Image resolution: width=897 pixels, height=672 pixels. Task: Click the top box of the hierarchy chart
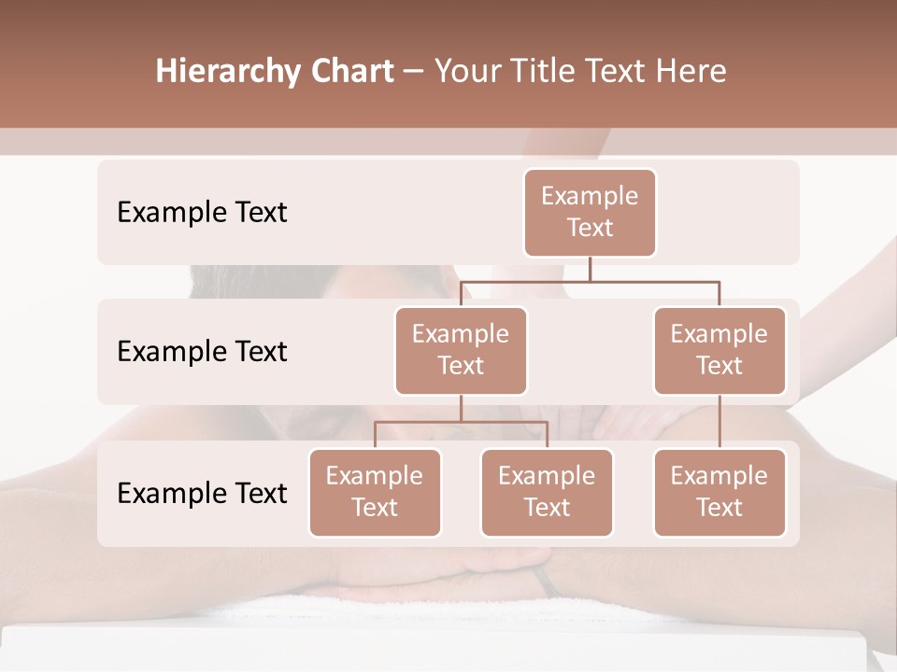pyautogui.click(x=590, y=213)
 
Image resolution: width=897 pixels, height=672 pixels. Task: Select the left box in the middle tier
pyautogui.click(x=461, y=351)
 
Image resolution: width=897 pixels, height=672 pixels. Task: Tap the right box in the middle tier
pyautogui.click(x=719, y=351)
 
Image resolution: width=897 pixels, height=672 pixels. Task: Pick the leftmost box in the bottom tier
pyautogui.click(x=375, y=493)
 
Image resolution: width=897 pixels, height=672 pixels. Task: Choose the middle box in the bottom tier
pyautogui.click(x=547, y=493)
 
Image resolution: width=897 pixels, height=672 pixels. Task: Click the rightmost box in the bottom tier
pyautogui.click(x=719, y=493)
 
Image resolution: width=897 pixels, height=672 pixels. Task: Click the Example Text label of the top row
pyautogui.click(x=202, y=213)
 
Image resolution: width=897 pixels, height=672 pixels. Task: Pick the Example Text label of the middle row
pyautogui.click(x=202, y=352)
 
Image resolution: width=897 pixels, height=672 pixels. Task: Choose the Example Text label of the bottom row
pyautogui.click(x=202, y=493)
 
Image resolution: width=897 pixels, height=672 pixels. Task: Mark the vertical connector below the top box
pyautogui.click(x=590, y=269)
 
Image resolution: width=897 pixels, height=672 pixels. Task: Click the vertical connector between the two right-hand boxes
pyautogui.click(x=719, y=422)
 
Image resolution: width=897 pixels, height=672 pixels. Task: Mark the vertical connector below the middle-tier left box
pyautogui.click(x=461, y=409)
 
